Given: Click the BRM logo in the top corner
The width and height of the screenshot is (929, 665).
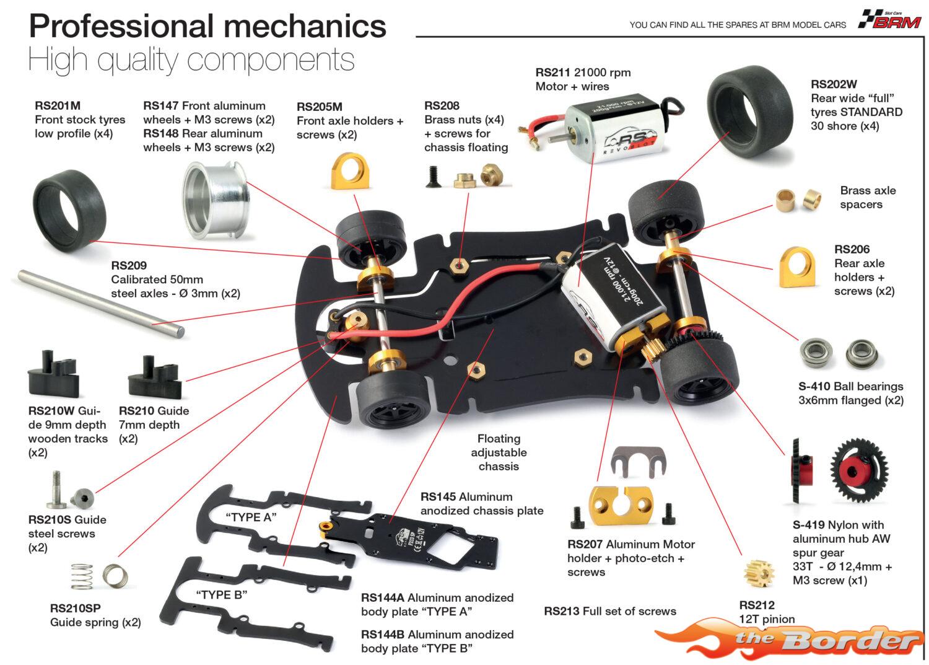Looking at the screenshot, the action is coord(890,19).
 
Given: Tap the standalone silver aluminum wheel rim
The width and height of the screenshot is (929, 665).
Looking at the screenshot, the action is coord(216,200).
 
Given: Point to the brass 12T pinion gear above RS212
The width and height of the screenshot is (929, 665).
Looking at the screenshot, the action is coord(759,574).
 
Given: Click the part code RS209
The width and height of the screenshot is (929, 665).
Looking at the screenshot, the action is coord(129,266).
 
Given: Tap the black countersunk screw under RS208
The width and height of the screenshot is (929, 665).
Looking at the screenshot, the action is coord(432,177).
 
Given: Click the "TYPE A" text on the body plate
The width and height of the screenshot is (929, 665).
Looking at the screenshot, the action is coord(251,517).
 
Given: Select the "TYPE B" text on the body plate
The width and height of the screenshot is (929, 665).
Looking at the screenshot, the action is coord(222,595).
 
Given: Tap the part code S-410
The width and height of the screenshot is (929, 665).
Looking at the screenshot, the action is coord(814,387).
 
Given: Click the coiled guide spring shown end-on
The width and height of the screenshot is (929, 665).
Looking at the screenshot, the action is coord(115,576).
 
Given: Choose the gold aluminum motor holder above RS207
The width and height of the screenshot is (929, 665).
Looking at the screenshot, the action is coord(621,505).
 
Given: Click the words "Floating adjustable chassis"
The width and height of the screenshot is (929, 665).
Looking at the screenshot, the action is coord(499,452).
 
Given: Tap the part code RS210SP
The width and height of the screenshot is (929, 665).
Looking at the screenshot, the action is coord(75,609).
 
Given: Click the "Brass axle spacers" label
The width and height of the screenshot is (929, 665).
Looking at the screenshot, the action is coord(868,198).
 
